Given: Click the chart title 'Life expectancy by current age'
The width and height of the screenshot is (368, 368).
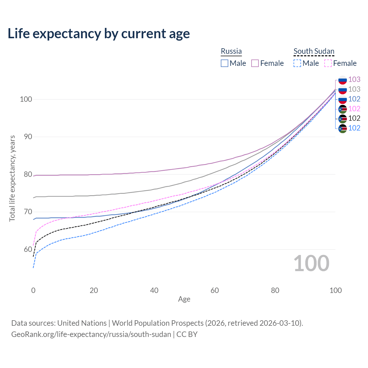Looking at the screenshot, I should click(99, 34).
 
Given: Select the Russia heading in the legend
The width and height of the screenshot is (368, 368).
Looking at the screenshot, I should click(231, 51).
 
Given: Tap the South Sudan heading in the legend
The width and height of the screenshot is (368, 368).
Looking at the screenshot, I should click(314, 51).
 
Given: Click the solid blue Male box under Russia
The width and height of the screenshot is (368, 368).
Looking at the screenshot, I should click(225, 63).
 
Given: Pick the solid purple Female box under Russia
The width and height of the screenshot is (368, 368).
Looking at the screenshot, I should click(255, 63).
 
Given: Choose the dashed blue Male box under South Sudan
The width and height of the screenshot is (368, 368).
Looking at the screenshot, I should click(297, 63).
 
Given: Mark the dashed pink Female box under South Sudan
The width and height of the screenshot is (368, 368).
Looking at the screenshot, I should click(328, 63).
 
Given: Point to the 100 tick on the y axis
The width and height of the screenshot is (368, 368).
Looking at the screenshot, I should click(26, 99).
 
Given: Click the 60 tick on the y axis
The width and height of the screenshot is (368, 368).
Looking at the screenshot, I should click(28, 249).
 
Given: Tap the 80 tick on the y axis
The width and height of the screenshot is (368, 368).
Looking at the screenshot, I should click(28, 175).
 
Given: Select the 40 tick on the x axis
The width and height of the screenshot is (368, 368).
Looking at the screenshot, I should click(154, 290).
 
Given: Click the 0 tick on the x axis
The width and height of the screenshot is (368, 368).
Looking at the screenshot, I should click(33, 290).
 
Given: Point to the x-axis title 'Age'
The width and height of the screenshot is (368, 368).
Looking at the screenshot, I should click(184, 299).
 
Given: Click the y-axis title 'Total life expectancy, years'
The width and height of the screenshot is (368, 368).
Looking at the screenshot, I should click(12, 178).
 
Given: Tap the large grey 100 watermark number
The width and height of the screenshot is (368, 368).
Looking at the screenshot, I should click(311, 263).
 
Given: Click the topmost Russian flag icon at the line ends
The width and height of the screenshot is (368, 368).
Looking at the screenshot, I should click(342, 80).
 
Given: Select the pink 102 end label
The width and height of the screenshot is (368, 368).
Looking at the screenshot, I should click(354, 109).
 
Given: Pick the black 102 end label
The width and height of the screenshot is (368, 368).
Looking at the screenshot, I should click(354, 118).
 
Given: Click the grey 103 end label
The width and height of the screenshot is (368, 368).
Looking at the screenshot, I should click(354, 89).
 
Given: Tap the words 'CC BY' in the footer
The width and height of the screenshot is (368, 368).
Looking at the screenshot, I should click(187, 334).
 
